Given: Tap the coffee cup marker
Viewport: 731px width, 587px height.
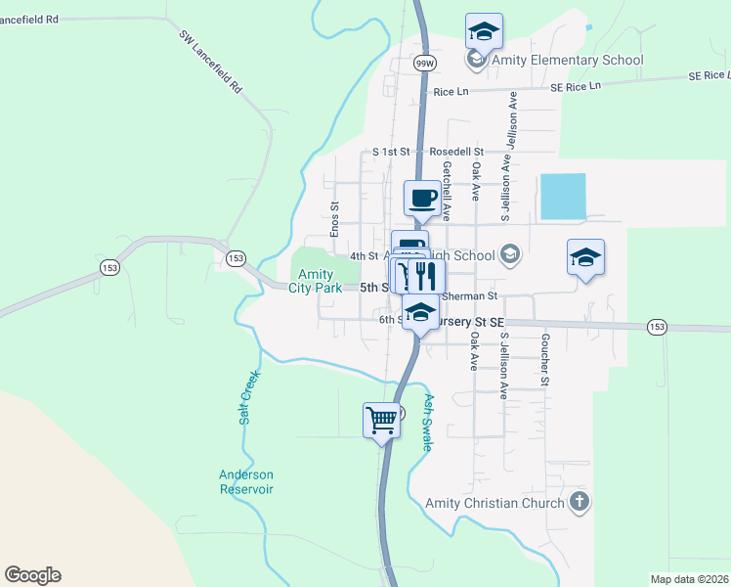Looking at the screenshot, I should (422, 199).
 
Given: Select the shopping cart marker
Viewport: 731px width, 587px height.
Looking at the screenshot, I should (381, 421).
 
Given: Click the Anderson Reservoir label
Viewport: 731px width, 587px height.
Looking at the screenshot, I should (245, 481).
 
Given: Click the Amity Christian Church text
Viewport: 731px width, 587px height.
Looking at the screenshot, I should (495, 503).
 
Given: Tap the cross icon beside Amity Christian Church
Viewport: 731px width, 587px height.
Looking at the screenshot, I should (580, 503).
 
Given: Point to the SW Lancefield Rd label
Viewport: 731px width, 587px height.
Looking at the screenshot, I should (210, 61).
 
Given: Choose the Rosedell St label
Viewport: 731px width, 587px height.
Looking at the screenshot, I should (457, 152).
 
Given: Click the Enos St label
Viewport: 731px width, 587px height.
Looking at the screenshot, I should (333, 219).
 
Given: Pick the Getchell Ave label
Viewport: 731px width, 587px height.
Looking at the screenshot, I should (446, 191).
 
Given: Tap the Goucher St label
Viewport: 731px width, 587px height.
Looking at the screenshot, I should (543, 362).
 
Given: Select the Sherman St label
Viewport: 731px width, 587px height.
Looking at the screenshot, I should (470, 295).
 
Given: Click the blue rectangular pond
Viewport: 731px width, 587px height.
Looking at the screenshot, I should (562, 197).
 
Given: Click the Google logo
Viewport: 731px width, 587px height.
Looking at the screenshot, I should (32, 575).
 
